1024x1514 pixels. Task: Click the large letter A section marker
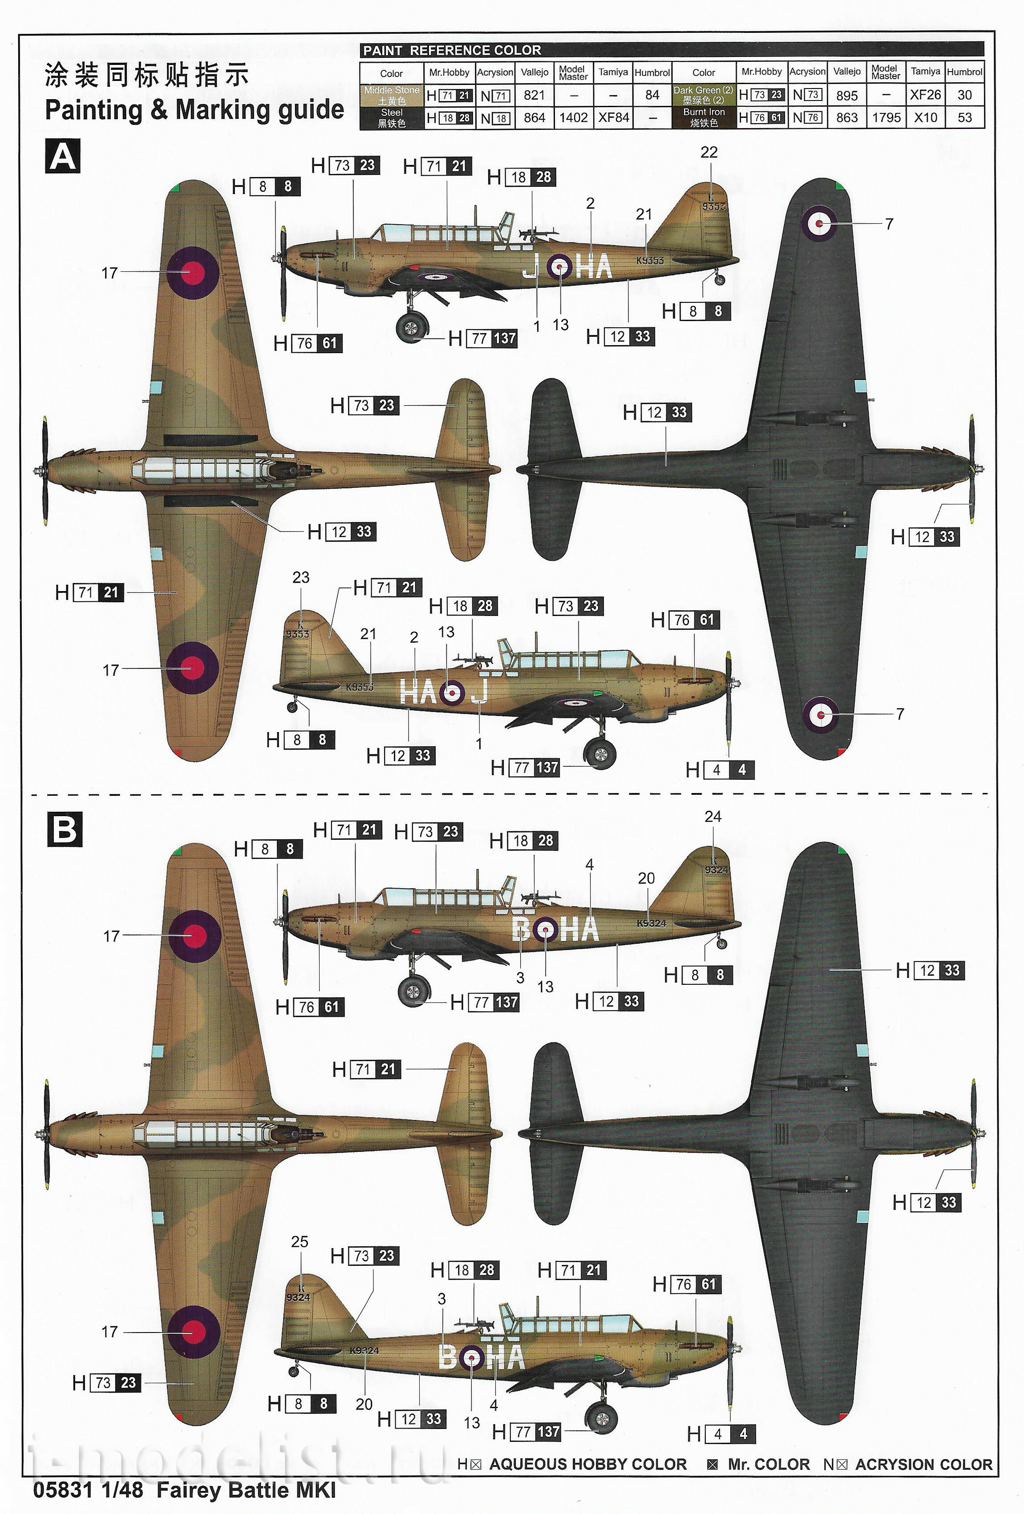tap(63, 157)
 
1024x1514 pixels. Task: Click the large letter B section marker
tap(64, 829)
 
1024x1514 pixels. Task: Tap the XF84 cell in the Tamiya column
tap(613, 117)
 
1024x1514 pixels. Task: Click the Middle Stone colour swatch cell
tap(392, 95)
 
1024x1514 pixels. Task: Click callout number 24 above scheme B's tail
tap(712, 816)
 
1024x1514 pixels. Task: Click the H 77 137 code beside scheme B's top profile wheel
tap(486, 1002)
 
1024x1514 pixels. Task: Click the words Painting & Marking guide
tap(194, 109)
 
